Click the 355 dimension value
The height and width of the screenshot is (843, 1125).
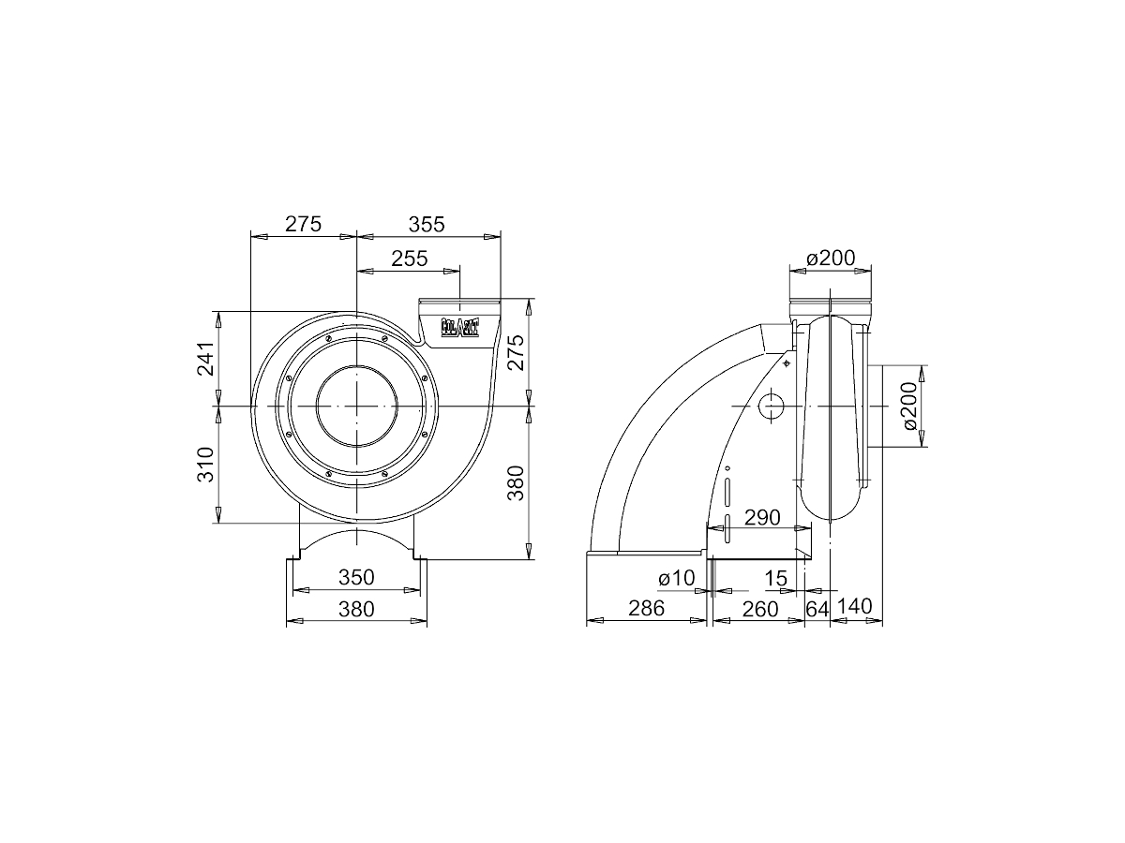pyautogui.click(x=426, y=225)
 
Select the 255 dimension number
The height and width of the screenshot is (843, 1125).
pyautogui.click(x=409, y=259)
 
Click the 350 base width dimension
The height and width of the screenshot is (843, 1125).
pyautogui.click(x=356, y=577)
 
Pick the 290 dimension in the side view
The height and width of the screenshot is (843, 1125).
pyautogui.click(x=761, y=517)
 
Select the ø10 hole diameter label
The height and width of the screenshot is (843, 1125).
pyautogui.click(x=676, y=579)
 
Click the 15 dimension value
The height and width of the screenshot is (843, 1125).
pyautogui.click(x=775, y=579)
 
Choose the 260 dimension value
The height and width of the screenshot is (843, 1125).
pyautogui.click(x=759, y=609)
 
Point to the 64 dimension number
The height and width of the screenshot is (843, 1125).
pyautogui.click(x=817, y=609)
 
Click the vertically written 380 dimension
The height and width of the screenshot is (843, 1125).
pyautogui.click(x=514, y=481)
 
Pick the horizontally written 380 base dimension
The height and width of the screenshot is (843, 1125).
pyautogui.click(x=356, y=610)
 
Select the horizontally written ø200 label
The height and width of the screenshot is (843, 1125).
pyautogui.click(x=832, y=259)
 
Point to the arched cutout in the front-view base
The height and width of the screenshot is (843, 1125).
pyautogui.click(x=356, y=543)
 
